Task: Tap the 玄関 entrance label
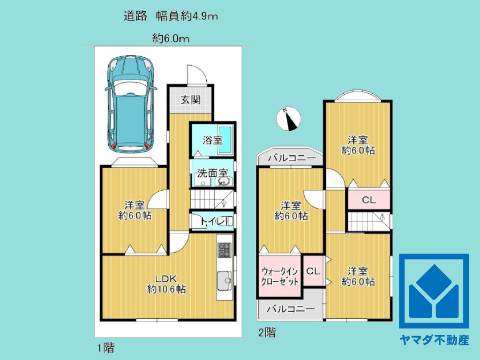191,99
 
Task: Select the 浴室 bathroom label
212,140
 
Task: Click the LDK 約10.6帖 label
166,284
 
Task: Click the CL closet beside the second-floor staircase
369,200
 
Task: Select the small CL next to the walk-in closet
313,271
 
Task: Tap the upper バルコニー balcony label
291,158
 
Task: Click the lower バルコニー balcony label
290,309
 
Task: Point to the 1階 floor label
105,348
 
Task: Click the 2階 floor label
267,333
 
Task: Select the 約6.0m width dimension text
171,39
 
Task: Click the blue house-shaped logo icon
434,291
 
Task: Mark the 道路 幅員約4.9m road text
171,16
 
